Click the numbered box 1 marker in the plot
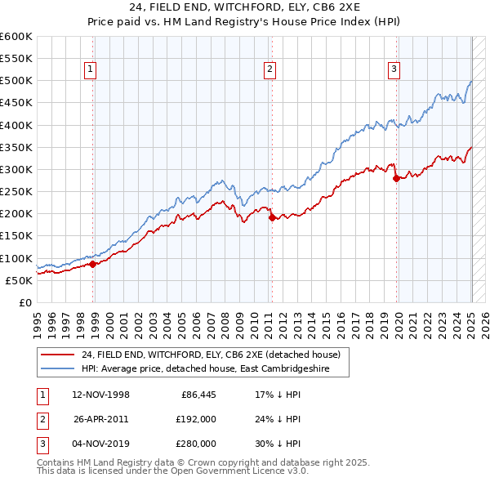[x=89, y=69]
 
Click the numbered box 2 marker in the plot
[x=269, y=69]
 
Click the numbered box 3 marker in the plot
[x=394, y=69]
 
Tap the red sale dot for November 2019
[x=396, y=178]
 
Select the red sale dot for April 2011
[x=272, y=217]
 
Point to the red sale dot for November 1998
[x=92, y=264]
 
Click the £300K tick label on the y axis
[x=16, y=169]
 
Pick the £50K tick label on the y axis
[x=20, y=280]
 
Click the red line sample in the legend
[x=57, y=355]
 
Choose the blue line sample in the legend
[x=57, y=368]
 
